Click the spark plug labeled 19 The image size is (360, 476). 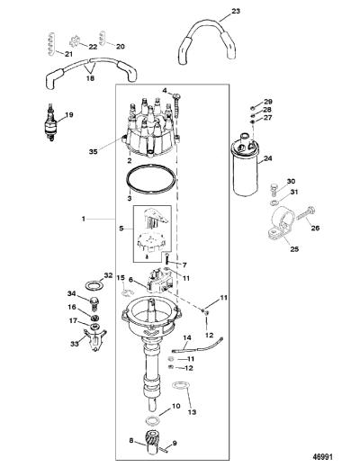pos(50,122)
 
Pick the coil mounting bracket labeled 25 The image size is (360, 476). pos(281,223)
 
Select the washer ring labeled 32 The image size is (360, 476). pos(94,285)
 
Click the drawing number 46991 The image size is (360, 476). pos(322,456)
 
